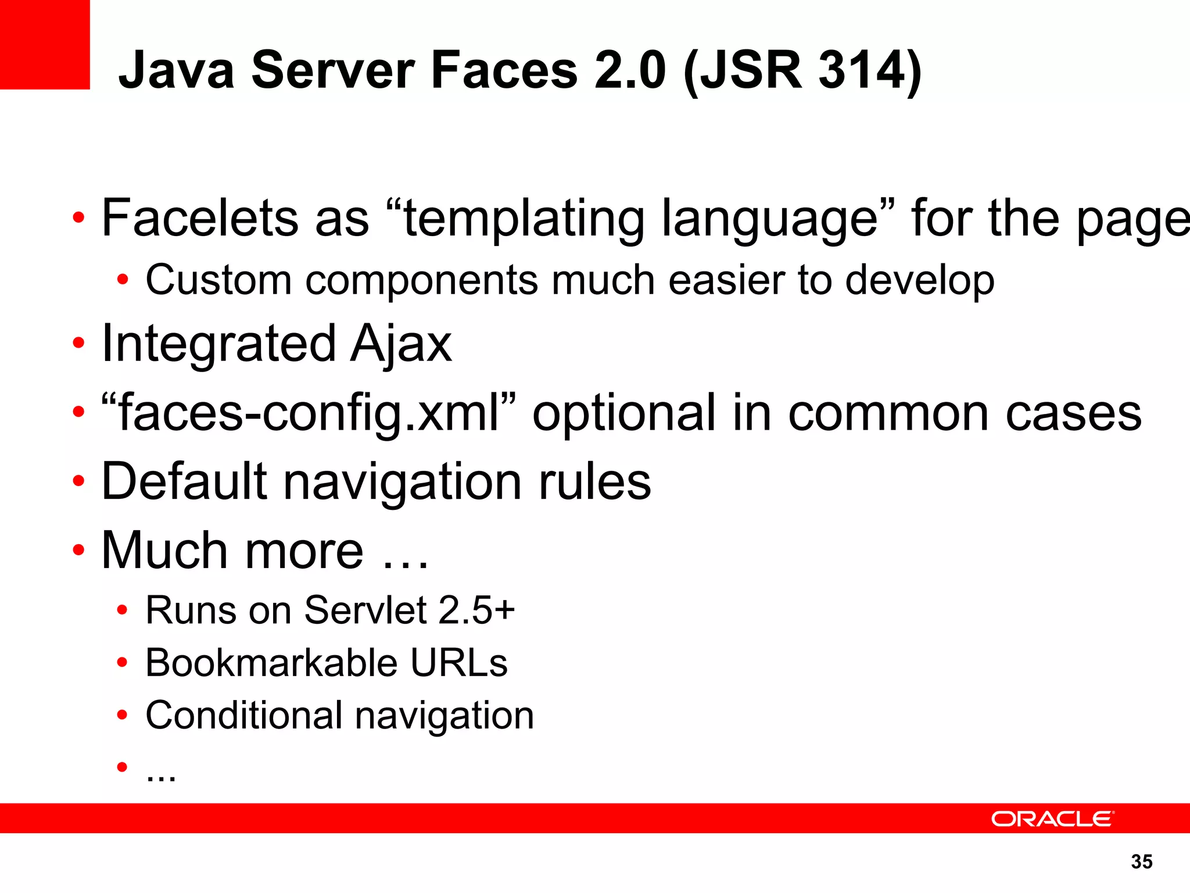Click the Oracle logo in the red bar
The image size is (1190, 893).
[x=1052, y=819]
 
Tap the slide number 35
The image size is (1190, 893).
[x=1142, y=862]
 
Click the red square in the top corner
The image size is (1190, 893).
[x=45, y=45]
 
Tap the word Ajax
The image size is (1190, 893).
[x=401, y=344]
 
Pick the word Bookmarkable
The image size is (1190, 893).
[x=271, y=663]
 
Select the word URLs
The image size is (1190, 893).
[x=459, y=663]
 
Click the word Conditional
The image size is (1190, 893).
[x=244, y=715]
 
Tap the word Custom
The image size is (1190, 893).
[x=218, y=280]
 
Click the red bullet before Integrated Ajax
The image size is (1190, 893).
[x=78, y=344]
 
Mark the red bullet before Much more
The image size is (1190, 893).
[x=78, y=549]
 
